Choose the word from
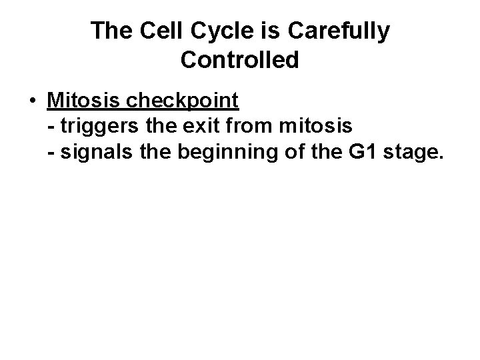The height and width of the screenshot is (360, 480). (x=251, y=125)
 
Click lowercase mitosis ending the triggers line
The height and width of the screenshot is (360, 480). (x=314, y=125)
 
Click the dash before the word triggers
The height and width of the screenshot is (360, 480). (x=52, y=125)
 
